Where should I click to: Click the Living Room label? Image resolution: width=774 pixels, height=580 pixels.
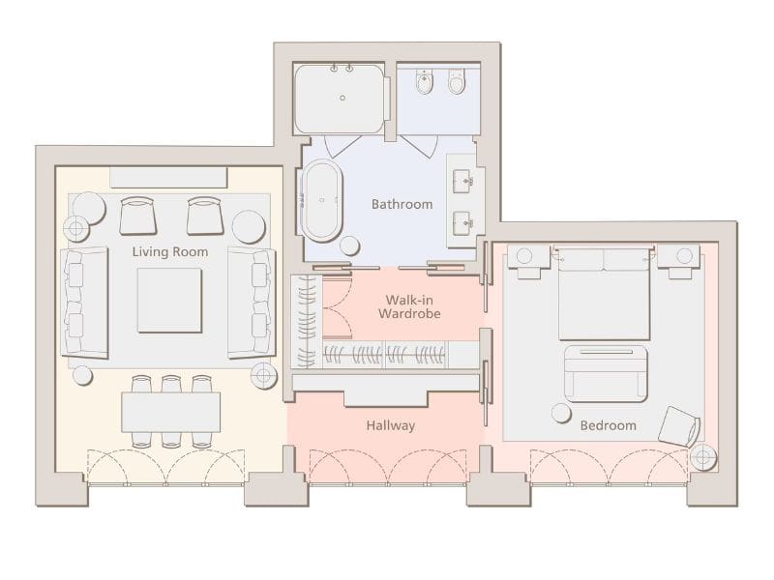pos(170,252)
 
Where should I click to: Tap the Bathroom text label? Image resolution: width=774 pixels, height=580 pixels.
pos(402,204)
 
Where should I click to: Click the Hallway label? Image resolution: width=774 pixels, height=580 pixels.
pos(391,425)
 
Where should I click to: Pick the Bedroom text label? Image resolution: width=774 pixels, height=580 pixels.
pos(608,425)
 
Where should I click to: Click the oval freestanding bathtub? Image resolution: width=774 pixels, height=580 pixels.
pos(322,200)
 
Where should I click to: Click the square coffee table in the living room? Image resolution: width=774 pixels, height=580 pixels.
pos(169,300)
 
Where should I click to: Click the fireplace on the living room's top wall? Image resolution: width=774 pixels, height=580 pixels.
pos(168,177)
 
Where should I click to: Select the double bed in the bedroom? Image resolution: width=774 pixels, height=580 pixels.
pos(604,292)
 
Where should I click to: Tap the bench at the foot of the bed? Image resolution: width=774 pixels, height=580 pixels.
pos(606,373)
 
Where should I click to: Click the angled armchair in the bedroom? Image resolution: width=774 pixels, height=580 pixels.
pos(680,426)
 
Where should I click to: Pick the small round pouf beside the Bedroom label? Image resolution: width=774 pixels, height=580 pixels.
pos(561,413)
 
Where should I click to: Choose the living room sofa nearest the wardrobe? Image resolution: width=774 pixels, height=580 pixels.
pos(252,301)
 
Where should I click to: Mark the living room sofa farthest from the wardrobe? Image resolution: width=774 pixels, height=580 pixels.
pos(84,301)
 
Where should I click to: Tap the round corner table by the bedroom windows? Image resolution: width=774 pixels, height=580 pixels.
pos(703,456)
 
